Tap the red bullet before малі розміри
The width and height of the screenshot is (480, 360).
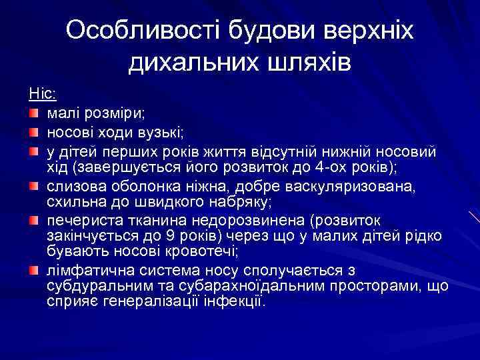[x=33, y=109]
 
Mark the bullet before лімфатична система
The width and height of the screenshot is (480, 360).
[x=33, y=270]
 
